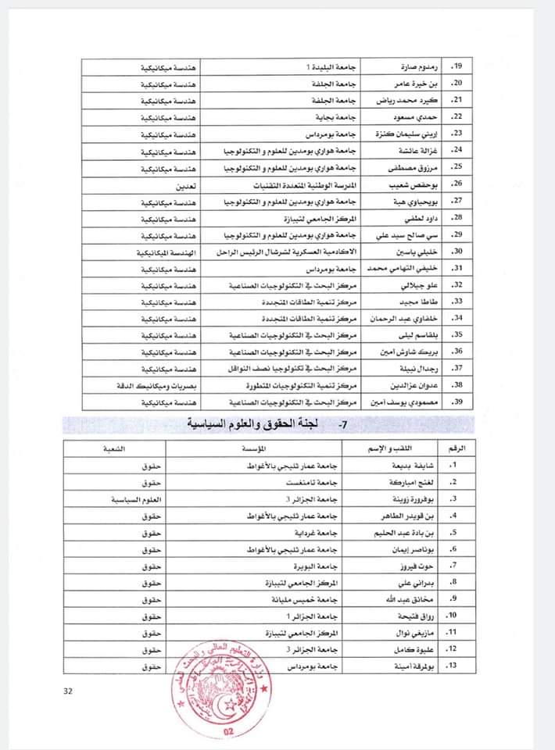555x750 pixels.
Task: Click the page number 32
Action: click(x=70, y=691)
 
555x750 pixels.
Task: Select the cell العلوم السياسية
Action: click(x=138, y=498)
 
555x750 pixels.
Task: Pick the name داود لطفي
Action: click(x=406, y=218)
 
